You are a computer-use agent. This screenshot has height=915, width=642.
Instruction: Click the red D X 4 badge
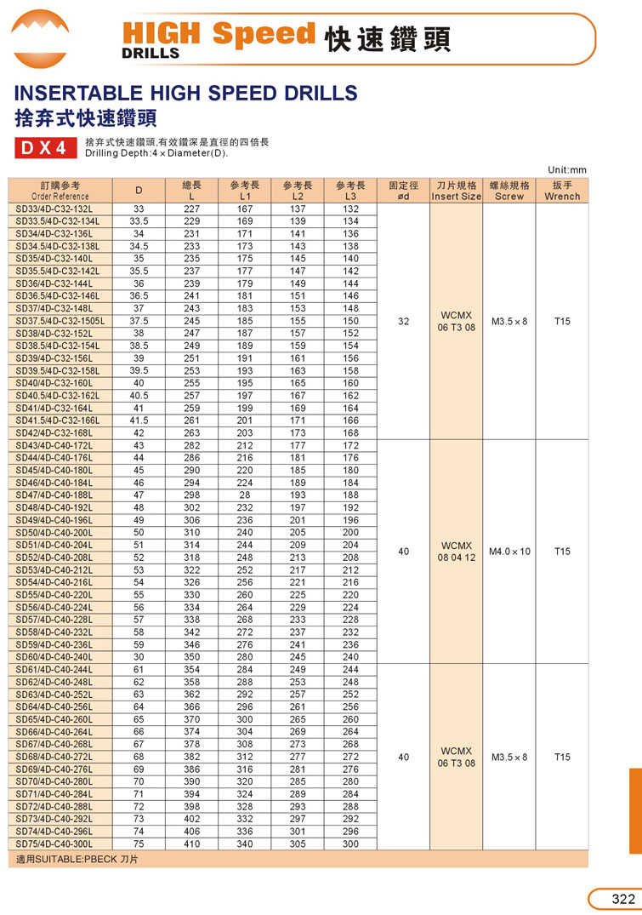click(x=44, y=148)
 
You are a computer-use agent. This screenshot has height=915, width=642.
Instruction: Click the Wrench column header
click(x=562, y=191)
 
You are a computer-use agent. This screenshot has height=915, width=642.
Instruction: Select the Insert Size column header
click(x=456, y=191)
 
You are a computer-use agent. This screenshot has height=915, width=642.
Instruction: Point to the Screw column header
click(x=509, y=191)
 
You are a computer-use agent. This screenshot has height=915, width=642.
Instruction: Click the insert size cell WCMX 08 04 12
click(x=456, y=552)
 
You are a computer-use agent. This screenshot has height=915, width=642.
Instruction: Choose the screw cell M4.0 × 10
click(x=509, y=552)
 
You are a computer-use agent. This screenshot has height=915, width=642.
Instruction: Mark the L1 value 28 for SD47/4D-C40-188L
click(x=245, y=495)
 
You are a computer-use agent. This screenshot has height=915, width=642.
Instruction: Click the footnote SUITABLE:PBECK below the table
click(x=77, y=860)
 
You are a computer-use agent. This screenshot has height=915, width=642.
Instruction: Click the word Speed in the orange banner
click(x=263, y=34)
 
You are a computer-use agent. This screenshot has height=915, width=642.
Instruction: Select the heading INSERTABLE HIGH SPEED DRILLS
click(x=186, y=93)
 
